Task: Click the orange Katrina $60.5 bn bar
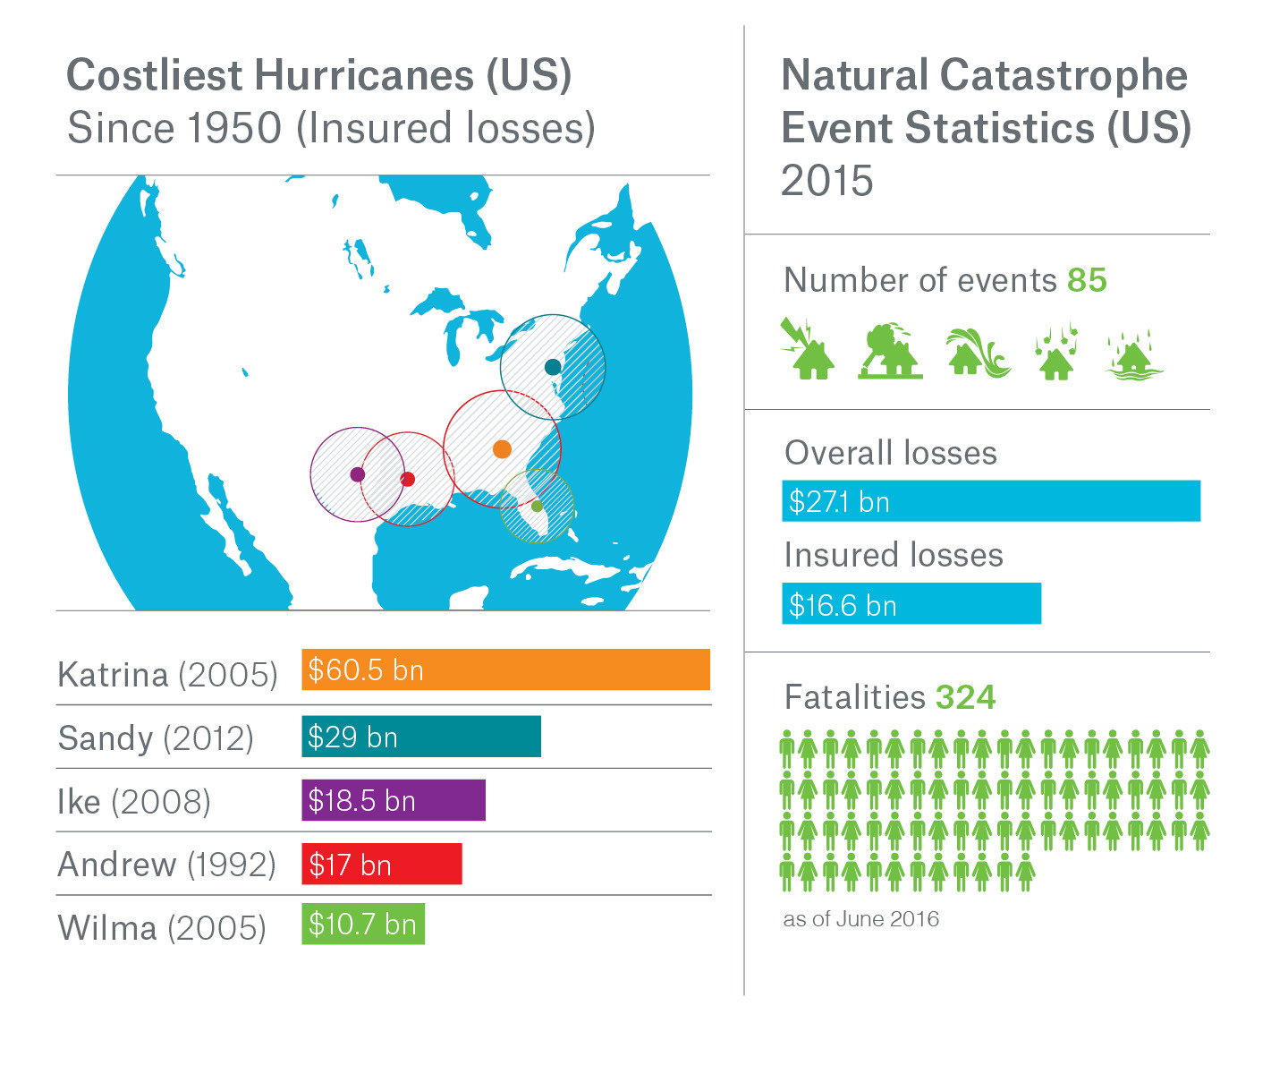[x=505, y=669]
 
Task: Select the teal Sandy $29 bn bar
[x=420, y=737]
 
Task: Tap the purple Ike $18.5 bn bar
[x=393, y=800]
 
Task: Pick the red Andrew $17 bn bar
[x=381, y=864]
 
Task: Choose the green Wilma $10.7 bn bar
[x=362, y=925]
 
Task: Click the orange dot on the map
[x=502, y=448]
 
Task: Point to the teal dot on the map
[x=553, y=367]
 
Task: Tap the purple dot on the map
[x=357, y=474]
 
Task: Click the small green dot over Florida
[x=537, y=506]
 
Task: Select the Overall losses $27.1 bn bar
[x=990, y=501]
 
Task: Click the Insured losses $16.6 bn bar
[x=911, y=604]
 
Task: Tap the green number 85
[x=1087, y=280]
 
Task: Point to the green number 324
[x=965, y=697]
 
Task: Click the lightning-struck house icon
[x=808, y=349]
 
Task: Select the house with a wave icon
[x=978, y=352]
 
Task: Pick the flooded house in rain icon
[x=1134, y=354]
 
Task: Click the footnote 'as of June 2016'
[x=860, y=919]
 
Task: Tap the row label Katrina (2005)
[x=167, y=674]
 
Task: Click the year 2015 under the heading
[x=826, y=181]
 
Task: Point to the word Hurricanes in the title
[x=364, y=75]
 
